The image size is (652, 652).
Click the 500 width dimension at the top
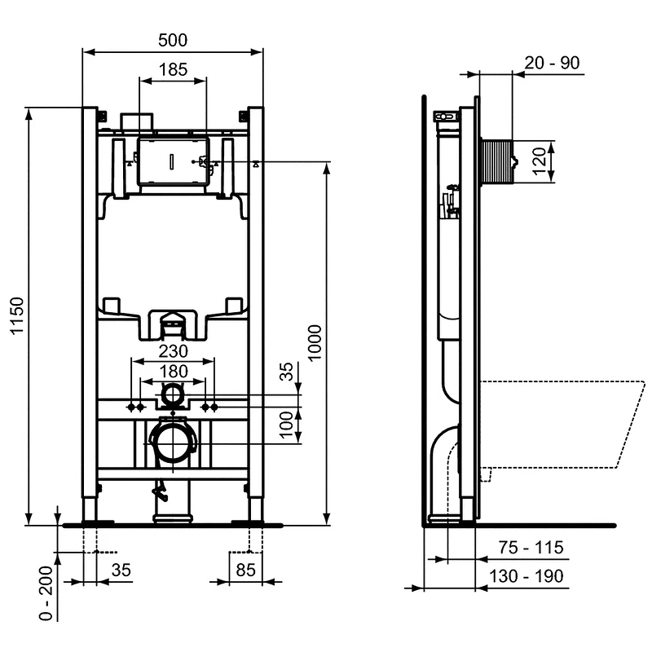[173, 40]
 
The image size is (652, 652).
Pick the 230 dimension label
[173, 350]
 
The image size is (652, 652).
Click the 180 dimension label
[173, 372]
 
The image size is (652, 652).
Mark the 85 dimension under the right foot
[247, 570]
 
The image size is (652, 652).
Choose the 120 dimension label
[539, 161]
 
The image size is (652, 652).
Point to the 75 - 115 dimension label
[531, 548]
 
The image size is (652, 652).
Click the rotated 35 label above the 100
[286, 373]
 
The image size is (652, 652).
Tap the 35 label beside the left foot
[120, 570]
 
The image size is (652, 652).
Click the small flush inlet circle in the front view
[173, 396]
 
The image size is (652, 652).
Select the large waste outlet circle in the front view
[173, 442]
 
